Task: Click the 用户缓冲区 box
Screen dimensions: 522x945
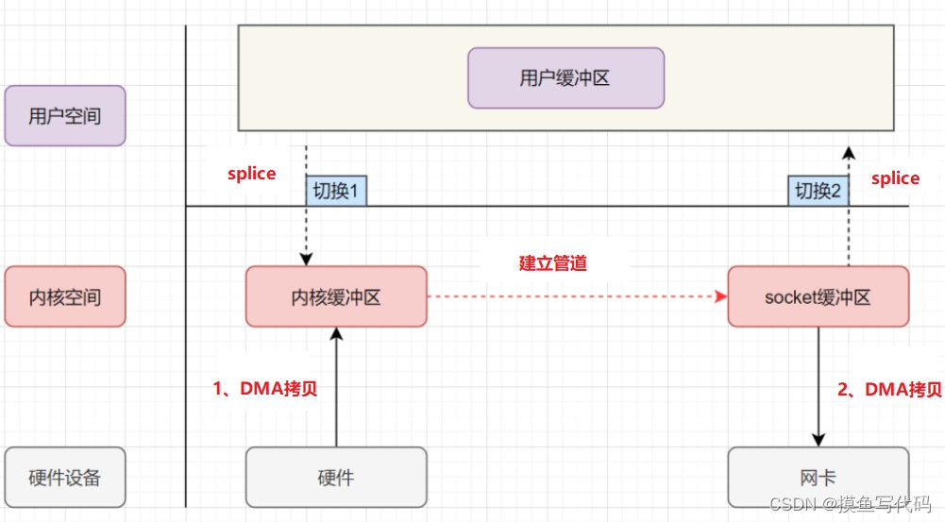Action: pos(565,78)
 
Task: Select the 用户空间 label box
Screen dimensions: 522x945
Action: pos(64,116)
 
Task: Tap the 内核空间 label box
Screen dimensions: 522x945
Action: pos(64,297)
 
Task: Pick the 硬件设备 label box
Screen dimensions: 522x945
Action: pos(64,477)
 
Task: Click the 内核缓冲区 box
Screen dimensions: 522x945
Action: pos(336,297)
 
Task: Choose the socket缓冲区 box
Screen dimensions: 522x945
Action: pos(818,297)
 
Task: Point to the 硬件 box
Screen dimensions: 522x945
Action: pos(336,477)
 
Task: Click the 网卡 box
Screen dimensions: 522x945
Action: pos(818,477)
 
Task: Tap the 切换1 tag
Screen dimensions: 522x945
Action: pos(335,191)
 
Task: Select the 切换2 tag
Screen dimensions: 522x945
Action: pos(818,191)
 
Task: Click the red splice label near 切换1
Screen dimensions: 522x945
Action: pos(252,174)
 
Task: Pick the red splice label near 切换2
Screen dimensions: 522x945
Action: pos(895,178)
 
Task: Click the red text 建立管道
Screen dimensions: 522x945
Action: pos(553,263)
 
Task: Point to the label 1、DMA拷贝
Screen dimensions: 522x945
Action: pos(264,389)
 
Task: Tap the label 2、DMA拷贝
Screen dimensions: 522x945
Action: pos(889,389)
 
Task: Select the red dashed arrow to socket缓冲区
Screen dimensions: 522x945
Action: pos(576,296)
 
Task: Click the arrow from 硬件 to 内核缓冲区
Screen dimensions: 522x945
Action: pos(336,387)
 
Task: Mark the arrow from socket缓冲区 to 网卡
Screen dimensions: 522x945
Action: pos(818,387)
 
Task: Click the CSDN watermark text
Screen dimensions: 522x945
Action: pos(851,504)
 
